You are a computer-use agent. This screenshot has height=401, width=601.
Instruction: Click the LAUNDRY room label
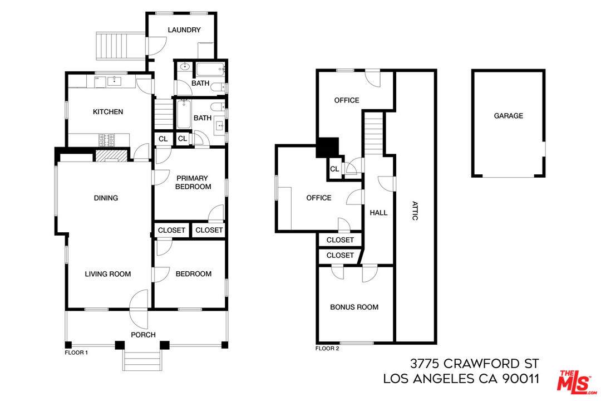184,30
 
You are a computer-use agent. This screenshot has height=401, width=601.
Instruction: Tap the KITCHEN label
108,111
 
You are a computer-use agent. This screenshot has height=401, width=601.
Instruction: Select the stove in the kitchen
106,140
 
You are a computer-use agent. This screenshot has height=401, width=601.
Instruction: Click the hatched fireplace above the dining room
111,156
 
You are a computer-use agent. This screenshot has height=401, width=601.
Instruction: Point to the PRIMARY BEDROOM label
193,182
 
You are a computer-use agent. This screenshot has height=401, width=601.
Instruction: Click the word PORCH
143,335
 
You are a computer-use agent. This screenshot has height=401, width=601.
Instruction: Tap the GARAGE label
508,115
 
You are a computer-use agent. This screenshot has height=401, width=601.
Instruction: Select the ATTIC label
415,211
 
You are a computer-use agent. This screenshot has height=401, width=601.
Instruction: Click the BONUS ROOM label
354,307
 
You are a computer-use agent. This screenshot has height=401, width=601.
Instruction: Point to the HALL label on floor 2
378,213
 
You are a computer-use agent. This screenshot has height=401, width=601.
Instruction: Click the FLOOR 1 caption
76,352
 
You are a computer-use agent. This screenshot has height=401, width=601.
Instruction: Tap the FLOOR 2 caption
327,349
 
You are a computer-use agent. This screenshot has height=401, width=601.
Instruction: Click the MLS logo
576,382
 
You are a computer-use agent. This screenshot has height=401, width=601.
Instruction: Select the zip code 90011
520,379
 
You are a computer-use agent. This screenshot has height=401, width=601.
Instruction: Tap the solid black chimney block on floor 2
327,148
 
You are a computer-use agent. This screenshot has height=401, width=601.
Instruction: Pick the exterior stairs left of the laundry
120,46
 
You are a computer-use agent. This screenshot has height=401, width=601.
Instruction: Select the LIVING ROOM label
108,274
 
